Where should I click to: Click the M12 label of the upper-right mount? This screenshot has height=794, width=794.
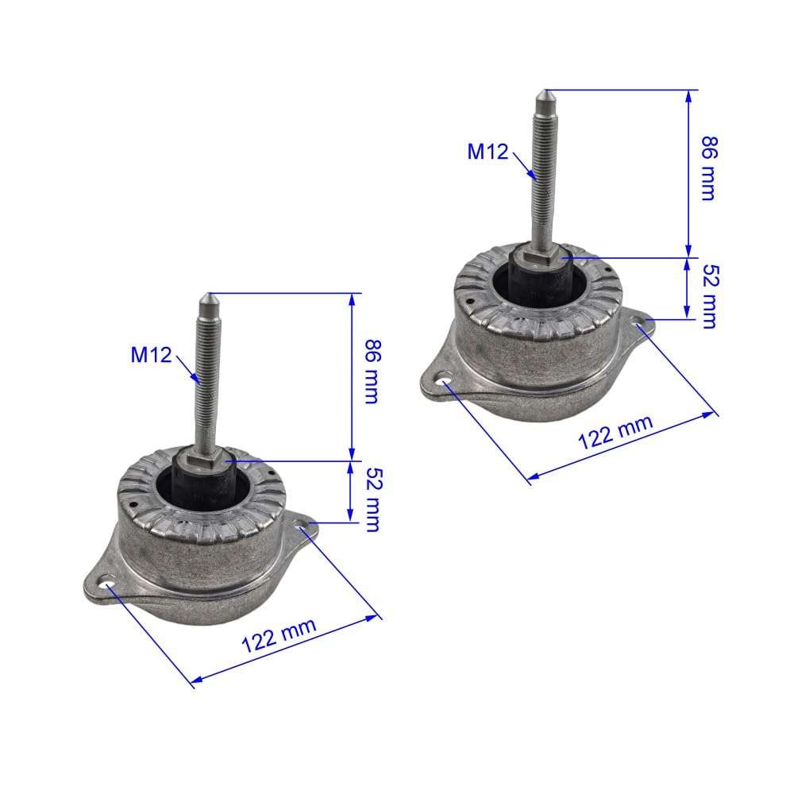pos(488,151)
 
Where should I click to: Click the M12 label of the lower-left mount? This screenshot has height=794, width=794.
pos(152,355)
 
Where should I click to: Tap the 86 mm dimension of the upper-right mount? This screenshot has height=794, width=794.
pos(707,169)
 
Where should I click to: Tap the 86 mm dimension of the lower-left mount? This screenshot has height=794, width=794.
pos(370,372)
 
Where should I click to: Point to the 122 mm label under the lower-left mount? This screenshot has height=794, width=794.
pos(279,636)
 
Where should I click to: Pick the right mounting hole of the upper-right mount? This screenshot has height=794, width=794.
pos(642,322)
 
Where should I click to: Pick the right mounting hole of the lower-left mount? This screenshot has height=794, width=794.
pos(305,526)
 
